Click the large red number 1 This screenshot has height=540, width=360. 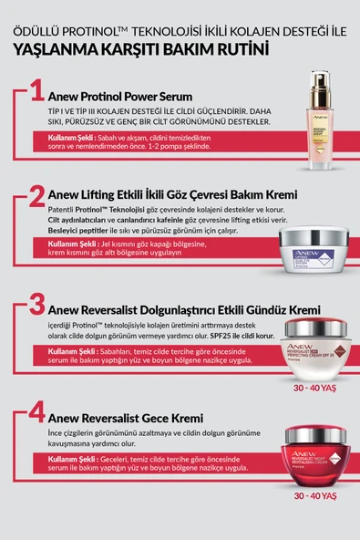(36, 92)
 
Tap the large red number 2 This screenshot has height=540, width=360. (36, 197)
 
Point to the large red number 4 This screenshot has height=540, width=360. (36, 413)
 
